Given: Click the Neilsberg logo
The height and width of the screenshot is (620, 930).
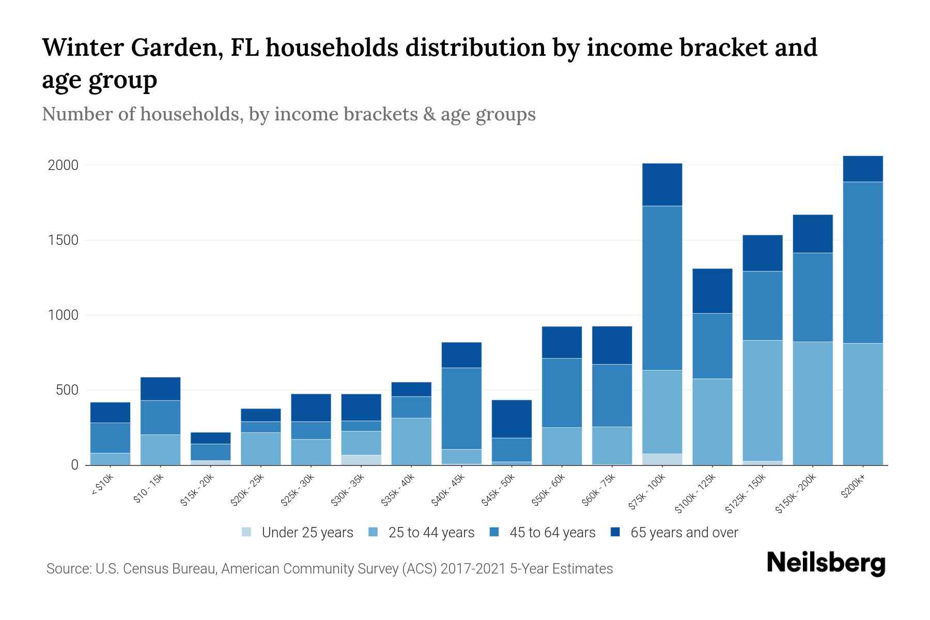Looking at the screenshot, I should pyautogui.click(x=826, y=563).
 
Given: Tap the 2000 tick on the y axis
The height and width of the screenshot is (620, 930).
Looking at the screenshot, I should pyautogui.click(x=63, y=165).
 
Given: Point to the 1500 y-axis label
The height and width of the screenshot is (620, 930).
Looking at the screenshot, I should pyautogui.click(x=63, y=240).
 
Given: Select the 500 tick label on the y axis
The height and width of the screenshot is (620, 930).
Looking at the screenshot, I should pyautogui.click(x=67, y=390).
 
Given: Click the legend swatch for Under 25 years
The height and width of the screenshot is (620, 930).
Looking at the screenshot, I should pyautogui.click(x=247, y=532).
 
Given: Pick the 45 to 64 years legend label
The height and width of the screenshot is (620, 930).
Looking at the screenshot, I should pyautogui.click(x=552, y=532).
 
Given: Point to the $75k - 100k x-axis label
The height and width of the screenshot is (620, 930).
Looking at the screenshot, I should pyautogui.click(x=647, y=493).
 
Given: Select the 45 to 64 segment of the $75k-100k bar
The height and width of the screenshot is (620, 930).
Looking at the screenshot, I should pyautogui.click(x=662, y=288).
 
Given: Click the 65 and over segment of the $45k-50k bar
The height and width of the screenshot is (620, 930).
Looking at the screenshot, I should pyautogui.click(x=512, y=419).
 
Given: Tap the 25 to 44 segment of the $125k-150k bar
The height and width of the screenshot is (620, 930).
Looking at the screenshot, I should pyautogui.click(x=762, y=400).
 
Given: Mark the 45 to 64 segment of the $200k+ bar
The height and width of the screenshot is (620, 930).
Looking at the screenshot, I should pyautogui.click(x=862, y=262).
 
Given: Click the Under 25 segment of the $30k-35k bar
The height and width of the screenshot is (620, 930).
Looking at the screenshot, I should pyautogui.click(x=361, y=460).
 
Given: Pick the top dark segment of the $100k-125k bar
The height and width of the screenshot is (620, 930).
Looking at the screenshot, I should pyautogui.click(x=712, y=291).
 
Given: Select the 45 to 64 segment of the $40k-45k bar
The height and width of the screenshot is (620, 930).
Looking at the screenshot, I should pyautogui.click(x=461, y=408).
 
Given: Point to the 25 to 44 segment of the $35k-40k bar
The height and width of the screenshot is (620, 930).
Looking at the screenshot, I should pyautogui.click(x=411, y=441).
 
